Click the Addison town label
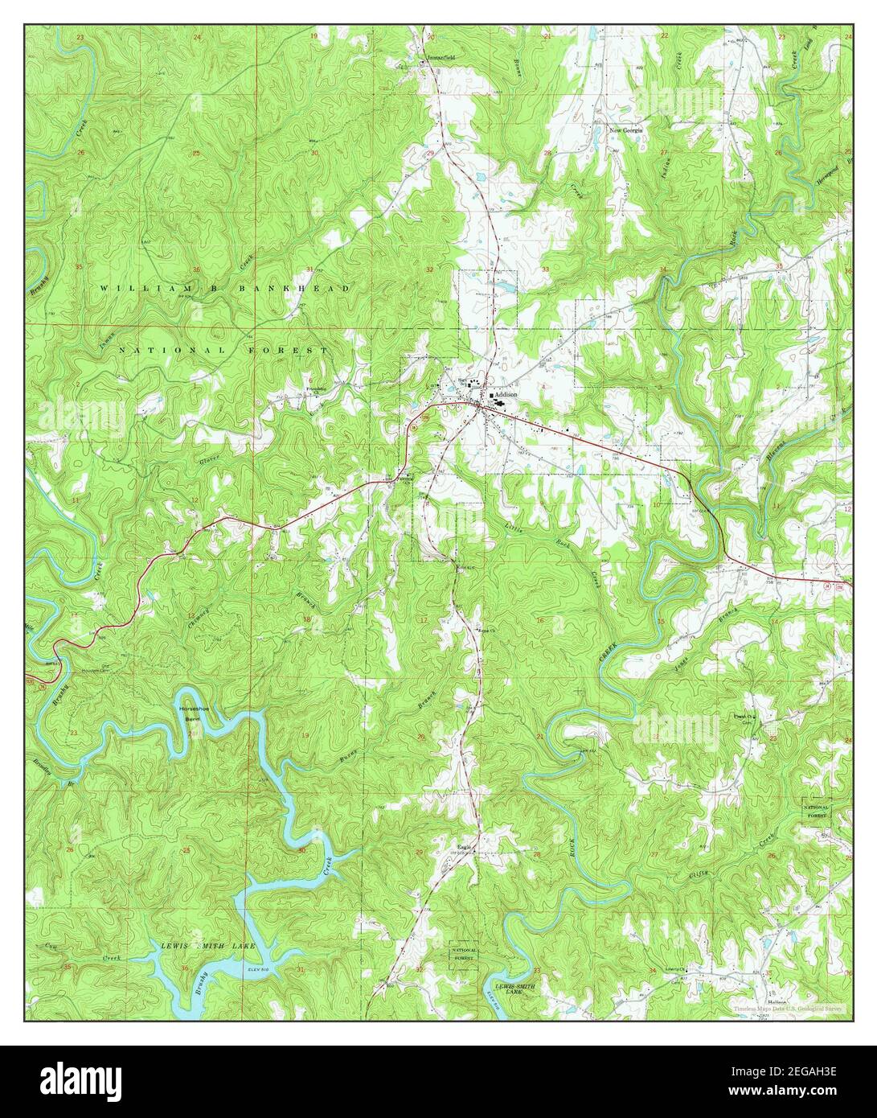pyautogui.click(x=506, y=397)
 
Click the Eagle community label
pyautogui.click(x=464, y=845)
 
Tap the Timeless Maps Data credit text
pyautogui.click(x=787, y=1008)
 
